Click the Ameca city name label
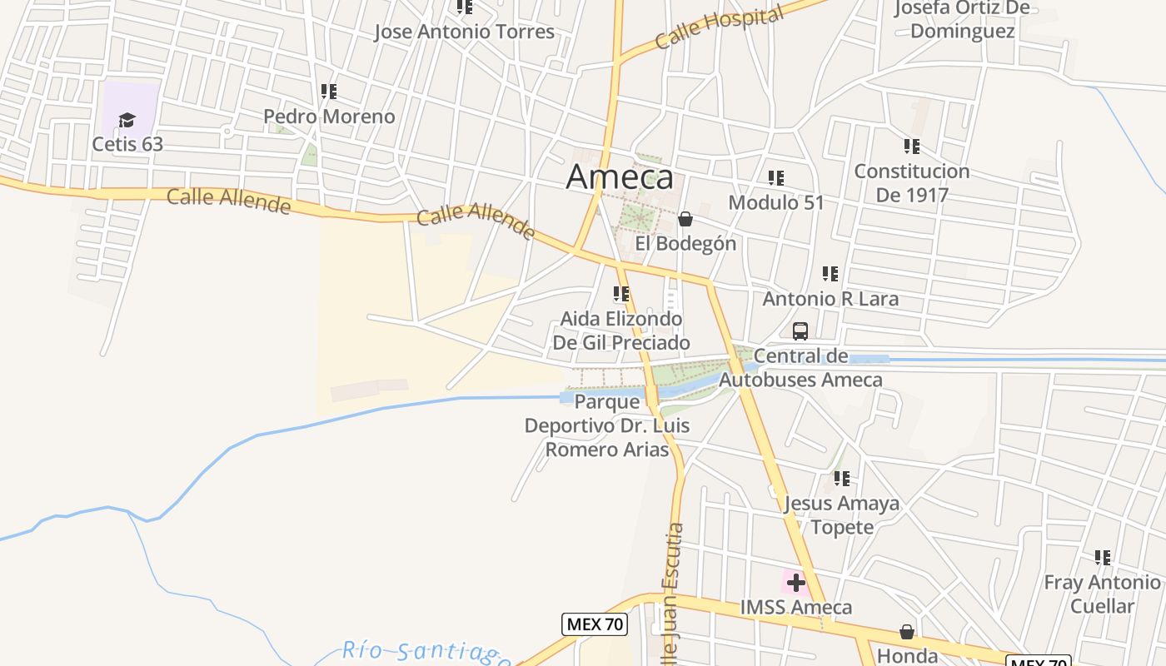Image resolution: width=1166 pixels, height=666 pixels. (620, 177)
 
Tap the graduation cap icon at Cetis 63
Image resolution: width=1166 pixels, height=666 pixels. (127, 121)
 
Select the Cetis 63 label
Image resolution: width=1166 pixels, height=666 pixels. (127, 144)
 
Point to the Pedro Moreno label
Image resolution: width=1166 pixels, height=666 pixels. (329, 117)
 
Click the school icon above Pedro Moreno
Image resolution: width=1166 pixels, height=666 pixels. (329, 91)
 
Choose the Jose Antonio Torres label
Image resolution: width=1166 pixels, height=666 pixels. (464, 32)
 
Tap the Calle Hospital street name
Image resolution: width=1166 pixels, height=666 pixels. (719, 27)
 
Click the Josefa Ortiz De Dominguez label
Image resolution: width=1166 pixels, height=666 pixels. (962, 20)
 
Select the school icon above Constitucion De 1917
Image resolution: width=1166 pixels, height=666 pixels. (912, 147)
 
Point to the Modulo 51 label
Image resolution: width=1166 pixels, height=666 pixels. (776, 202)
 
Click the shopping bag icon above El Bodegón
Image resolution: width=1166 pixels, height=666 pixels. (685, 219)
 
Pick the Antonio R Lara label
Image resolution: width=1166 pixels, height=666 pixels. (830, 299)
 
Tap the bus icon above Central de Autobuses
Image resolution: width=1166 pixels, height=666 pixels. (800, 331)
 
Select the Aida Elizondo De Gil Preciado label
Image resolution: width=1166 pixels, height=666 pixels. (621, 331)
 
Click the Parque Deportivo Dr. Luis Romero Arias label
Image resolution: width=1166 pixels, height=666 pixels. (607, 425)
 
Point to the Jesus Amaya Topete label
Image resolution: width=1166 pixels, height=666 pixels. (842, 514)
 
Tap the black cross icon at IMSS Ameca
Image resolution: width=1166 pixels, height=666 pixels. (796, 582)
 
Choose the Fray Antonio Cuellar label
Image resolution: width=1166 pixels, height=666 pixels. (1102, 594)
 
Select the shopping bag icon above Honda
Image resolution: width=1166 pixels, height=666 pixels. (907, 633)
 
